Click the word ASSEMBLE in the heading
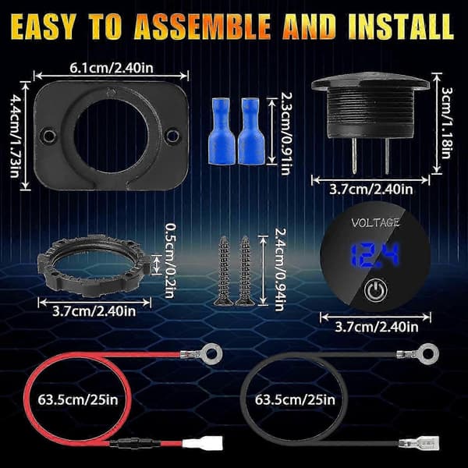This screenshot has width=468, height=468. pyautogui.click(x=203, y=27)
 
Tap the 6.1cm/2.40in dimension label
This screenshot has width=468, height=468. pyautogui.click(x=112, y=68)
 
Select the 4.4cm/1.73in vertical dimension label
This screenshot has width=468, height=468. pyautogui.click(x=15, y=136)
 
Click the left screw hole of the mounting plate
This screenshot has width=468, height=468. pyautogui.click(x=48, y=136)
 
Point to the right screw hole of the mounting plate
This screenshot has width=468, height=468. pyautogui.click(x=173, y=136)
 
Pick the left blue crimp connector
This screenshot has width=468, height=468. pyautogui.click(x=221, y=131)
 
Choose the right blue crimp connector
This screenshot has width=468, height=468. pyautogui.click(x=250, y=131)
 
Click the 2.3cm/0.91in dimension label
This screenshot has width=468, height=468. pyautogui.click(x=286, y=133)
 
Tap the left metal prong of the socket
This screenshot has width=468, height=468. pyautogui.click(x=354, y=155)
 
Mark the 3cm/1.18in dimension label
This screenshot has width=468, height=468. pyautogui.click(x=446, y=123)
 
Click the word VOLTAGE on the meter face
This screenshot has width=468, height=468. pyautogui.click(x=375, y=223)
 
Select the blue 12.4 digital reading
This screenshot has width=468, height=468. pyautogui.click(x=374, y=255)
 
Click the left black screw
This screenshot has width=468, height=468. pyautogui.click(x=223, y=271)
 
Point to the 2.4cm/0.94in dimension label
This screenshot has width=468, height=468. pyautogui.click(x=280, y=270)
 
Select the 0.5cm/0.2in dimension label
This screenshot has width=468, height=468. pyautogui.click(x=170, y=261)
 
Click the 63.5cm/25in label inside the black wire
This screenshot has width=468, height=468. pyautogui.click(x=295, y=399)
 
